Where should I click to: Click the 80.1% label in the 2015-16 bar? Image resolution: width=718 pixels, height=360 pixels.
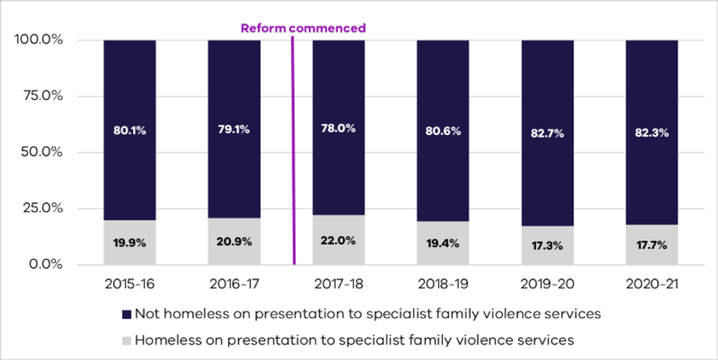pos(129,131)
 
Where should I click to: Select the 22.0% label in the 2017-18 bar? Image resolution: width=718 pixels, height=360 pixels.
pos(338,241)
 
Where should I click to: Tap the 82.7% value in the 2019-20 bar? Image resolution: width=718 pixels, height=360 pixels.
pos(547,133)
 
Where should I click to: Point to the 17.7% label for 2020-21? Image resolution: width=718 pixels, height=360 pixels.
pos(652,245)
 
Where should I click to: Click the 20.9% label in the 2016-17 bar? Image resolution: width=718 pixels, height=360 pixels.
pos(234,242)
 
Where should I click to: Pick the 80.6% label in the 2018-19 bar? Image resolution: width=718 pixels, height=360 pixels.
pos(443,131)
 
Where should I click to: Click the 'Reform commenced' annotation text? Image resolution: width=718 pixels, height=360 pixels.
pos(303,28)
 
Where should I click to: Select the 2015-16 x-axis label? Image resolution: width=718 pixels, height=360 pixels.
pos(129,284)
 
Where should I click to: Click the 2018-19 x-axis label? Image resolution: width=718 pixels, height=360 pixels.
pos(443,284)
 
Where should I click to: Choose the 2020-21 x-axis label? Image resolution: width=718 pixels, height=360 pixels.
pos(652,284)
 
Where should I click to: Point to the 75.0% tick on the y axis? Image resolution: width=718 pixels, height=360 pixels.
pos(42,96)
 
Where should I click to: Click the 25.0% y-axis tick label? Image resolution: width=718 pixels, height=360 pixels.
pos(42,208)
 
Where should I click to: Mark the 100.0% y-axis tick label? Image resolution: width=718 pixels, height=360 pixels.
pos(39,40)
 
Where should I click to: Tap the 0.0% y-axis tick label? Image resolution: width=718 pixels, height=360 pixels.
pos(45,265)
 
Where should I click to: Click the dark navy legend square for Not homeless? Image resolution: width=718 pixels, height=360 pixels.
pos(126,314)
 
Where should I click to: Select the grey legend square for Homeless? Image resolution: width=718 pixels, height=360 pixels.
pos(126,340)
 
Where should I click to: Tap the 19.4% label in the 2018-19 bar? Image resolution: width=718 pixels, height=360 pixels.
pos(443,243)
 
